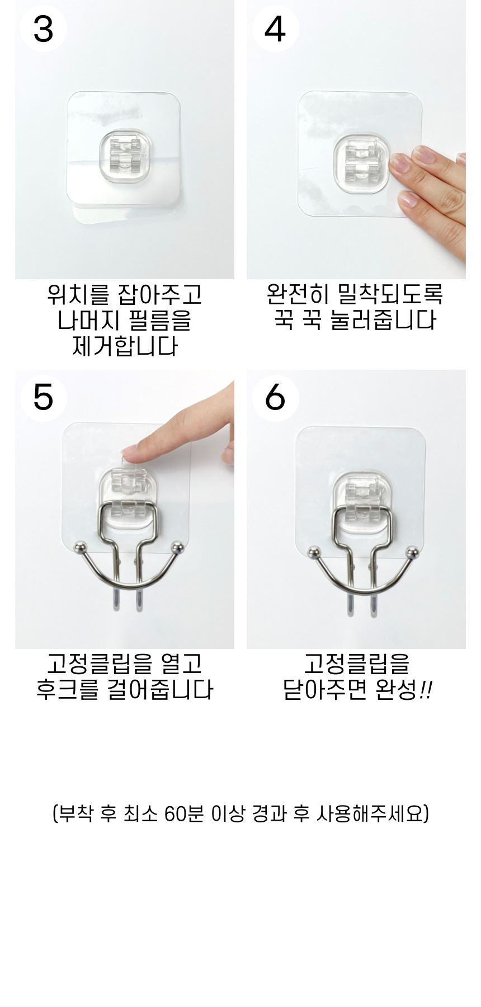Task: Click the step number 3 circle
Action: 44,28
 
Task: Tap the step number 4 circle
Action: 275,28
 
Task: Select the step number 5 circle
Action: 44,397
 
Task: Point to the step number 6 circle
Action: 275,397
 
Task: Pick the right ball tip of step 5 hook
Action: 178,547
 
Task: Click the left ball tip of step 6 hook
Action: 313,553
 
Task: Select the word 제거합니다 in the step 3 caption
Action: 125,346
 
